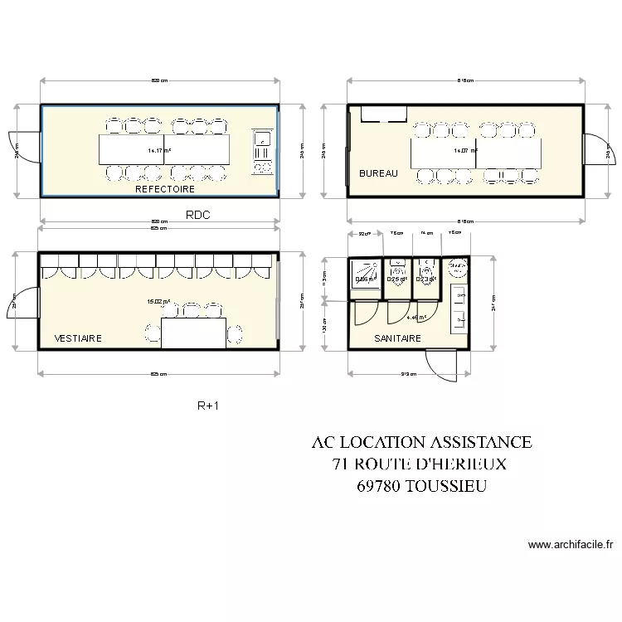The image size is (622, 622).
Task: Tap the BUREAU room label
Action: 378,173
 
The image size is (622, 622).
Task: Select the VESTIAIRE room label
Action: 78,338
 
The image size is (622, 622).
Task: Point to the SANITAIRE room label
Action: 397,338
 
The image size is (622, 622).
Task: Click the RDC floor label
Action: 198,215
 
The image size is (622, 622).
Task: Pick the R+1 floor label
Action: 207,406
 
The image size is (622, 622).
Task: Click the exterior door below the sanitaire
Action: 439,362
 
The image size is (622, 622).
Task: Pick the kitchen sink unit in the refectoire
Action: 263,152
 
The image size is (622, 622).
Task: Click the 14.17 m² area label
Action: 159,151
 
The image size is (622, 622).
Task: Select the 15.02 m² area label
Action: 158,303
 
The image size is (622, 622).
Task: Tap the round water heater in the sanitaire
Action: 455,267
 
